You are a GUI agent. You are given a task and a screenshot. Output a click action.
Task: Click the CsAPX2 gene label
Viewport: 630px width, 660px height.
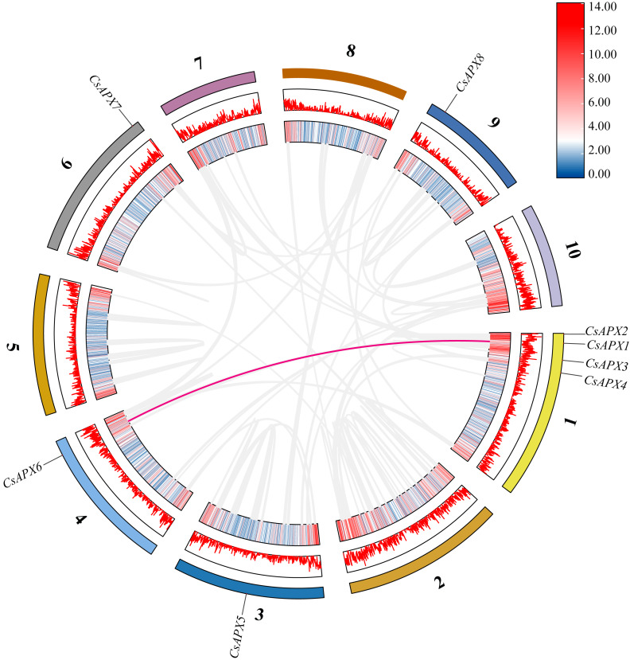607,330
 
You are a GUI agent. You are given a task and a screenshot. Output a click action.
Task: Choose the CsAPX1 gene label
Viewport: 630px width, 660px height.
607,346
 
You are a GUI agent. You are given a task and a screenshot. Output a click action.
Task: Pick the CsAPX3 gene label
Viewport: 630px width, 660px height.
607,365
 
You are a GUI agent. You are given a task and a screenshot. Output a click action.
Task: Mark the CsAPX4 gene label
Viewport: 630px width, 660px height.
607,382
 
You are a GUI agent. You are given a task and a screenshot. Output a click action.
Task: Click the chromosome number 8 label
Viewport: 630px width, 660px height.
350,52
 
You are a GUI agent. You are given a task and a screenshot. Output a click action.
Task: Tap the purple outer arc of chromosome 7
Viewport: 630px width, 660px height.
208,92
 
